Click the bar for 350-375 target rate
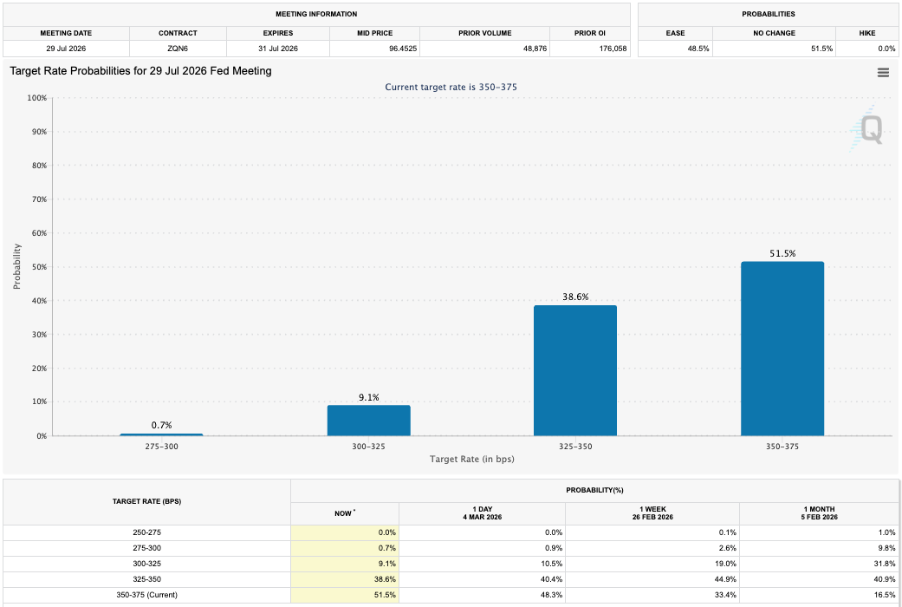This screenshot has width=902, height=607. [x=782, y=349]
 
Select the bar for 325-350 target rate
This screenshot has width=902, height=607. [x=575, y=370]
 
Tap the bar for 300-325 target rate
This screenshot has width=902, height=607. [x=368, y=421]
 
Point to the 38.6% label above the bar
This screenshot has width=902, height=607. [x=575, y=297]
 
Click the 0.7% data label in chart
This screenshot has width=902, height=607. [x=161, y=425]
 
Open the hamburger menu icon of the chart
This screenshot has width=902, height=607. [x=883, y=73]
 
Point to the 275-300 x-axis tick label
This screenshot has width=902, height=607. [x=161, y=446]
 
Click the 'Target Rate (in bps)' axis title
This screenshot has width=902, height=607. [x=471, y=459]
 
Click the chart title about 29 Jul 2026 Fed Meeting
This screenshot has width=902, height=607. [x=140, y=71]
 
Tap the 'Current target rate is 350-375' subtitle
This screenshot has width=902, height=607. [x=451, y=87]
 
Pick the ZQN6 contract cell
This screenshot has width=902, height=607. [x=178, y=49]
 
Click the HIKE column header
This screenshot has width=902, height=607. [x=867, y=33]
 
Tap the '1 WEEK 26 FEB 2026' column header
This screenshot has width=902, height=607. [x=652, y=513]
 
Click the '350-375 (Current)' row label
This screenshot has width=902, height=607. [x=146, y=595]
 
